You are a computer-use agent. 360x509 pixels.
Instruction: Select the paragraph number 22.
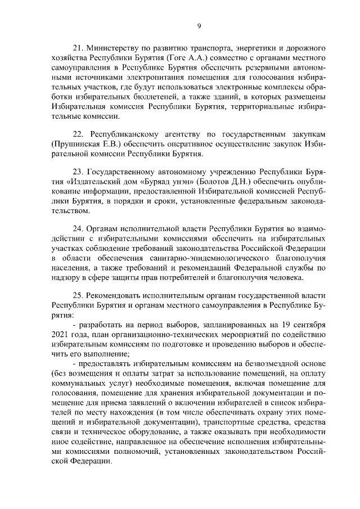(79, 135)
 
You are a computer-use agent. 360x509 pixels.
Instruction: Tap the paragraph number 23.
(79, 171)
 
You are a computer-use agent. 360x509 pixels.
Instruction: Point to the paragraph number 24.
(79, 229)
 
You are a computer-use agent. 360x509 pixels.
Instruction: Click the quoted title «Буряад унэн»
(175, 181)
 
